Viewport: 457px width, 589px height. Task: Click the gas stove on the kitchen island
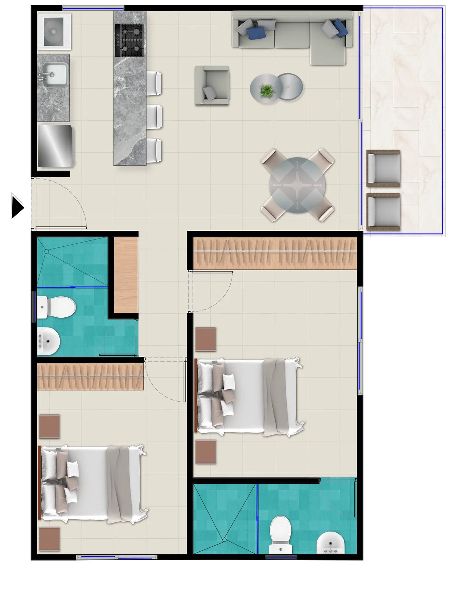(129, 40)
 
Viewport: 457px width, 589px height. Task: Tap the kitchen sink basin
(55, 75)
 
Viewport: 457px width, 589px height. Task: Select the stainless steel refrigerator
(55, 146)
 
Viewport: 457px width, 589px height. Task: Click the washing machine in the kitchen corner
(54, 31)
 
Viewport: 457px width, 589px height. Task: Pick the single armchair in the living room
(212, 85)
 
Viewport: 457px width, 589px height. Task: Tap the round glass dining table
(297, 185)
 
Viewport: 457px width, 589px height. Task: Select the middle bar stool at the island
(154, 116)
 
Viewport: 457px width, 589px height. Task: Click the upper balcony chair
(383, 168)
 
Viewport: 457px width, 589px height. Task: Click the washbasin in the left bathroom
(49, 341)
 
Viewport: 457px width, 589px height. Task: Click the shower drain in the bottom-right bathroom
(224, 540)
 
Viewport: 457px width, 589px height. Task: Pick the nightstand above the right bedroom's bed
(206, 339)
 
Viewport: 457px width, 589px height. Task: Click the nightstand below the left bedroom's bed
(49, 539)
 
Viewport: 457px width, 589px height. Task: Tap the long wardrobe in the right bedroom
(275, 253)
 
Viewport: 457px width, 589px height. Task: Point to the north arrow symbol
(15, 202)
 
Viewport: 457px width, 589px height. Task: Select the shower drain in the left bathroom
(47, 251)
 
